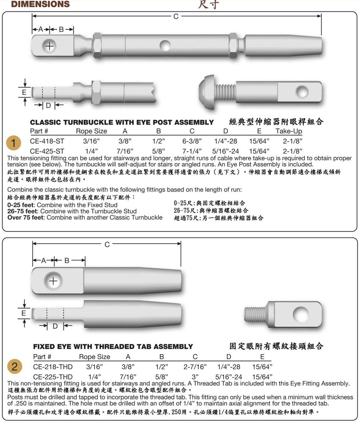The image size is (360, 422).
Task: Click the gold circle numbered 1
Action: pyautogui.click(x=14, y=143)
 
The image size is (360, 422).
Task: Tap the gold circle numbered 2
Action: pyautogui.click(x=14, y=366)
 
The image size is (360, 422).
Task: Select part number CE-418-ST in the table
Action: pyautogui.click(x=47, y=141)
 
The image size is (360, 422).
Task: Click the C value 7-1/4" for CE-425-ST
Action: pyautogui.click(x=192, y=151)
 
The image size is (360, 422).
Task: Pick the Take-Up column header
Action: pyautogui.click(x=289, y=131)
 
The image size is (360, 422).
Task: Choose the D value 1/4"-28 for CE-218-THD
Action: pyautogui.click(x=229, y=366)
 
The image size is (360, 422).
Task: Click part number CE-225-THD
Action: pyautogui.click(x=53, y=377)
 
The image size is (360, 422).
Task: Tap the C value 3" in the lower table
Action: pyautogui.click(x=195, y=377)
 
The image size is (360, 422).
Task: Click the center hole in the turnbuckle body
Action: pyautogui.click(x=165, y=45)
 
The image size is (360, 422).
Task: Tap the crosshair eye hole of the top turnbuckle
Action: pyautogui.click(x=49, y=46)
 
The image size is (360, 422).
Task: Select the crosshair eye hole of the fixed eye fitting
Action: pyautogui.click(x=53, y=281)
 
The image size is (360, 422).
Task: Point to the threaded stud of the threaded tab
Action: pyautogui.click(x=255, y=314)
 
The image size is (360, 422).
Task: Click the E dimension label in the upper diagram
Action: pyautogui.click(x=24, y=92)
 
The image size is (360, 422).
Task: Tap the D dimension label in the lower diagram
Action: pyautogui.click(x=55, y=326)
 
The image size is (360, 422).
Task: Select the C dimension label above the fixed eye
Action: pyautogui.click(x=107, y=244)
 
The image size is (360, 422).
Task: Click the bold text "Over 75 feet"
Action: pyautogui.click(x=25, y=217)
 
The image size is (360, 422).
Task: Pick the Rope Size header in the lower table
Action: pyautogui.click(x=94, y=357)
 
